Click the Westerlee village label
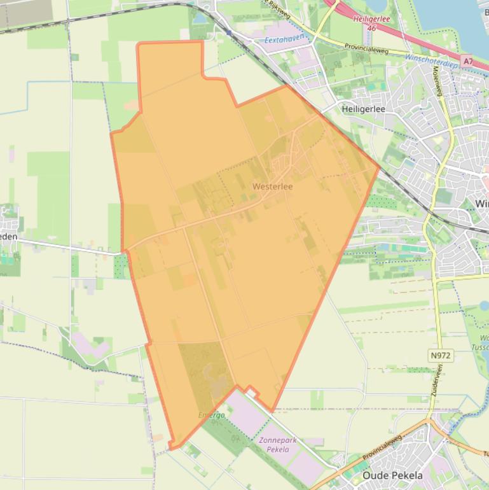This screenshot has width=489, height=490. pos(272,186)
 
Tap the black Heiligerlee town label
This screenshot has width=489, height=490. pos(363,109)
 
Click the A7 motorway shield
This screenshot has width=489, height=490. pos(468,61)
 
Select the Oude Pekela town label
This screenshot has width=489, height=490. pos(392,475)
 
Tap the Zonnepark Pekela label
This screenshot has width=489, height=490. pos(274,445)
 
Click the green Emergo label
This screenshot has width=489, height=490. pos(211,415)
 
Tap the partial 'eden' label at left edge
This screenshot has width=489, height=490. pos(9,236)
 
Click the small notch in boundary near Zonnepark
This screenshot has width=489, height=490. pos(252,390)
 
